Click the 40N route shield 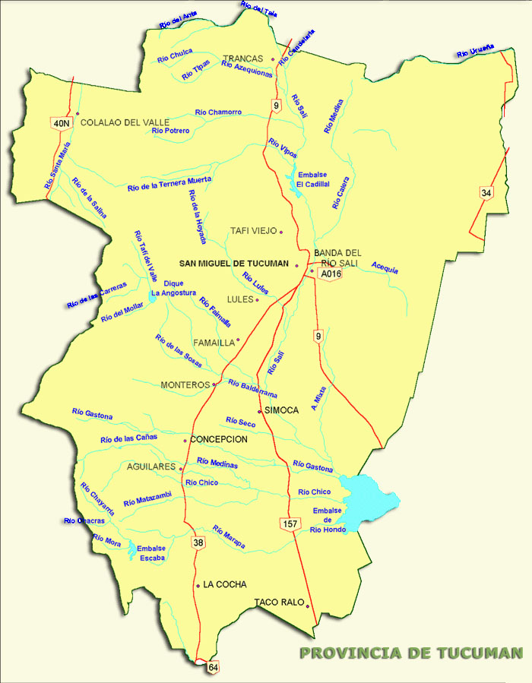tap(61, 122)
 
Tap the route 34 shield tap(486, 193)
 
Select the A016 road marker tap(329, 274)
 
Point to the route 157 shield tap(289, 524)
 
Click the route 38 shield tap(198, 542)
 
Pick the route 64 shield tap(213, 666)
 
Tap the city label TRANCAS tap(242, 58)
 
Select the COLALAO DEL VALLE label tap(125, 122)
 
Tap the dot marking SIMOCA tap(260, 410)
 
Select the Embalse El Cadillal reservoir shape tap(293, 185)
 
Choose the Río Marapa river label tap(229, 537)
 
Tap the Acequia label tap(385, 267)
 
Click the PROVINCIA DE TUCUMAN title tap(411, 653)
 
